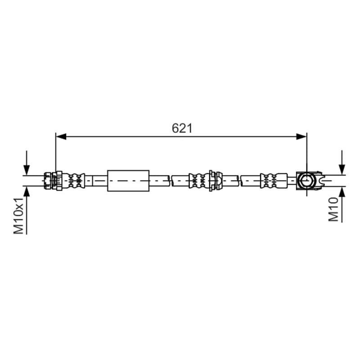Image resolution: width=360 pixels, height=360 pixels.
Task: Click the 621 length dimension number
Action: pyautogui.click(x=182, y=128)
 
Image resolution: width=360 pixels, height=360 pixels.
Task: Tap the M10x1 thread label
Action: pyautogui.click(x=18, y=216)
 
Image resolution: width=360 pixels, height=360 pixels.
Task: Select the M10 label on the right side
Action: pyautogui.click(x=333, y=209)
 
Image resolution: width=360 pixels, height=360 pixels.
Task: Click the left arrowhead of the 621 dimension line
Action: pyautogui.click(x=61, y=137)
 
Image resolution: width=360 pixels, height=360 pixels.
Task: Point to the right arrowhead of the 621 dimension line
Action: pyautogui.click(x=301, y=137)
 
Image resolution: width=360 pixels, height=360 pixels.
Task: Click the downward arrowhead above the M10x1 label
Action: pyautogui.click(x=27, y=170)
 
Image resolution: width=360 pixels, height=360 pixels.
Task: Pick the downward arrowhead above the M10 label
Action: pyautogui.click(x=342, y=170)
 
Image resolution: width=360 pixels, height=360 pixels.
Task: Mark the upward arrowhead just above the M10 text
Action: pyautogui.click(x=342, y=192)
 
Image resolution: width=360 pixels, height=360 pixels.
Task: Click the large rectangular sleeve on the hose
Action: pyautogui.click(x=128, y=181)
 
